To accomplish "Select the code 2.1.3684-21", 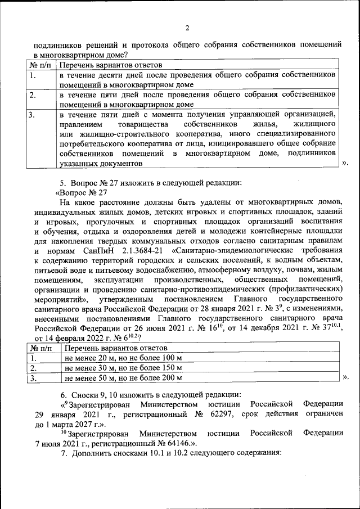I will pyautogui.click(x=138, y=250).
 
